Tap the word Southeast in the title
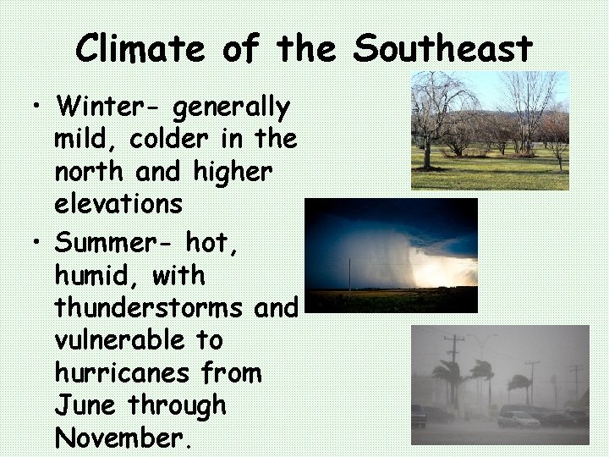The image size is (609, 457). (x=442, y=49)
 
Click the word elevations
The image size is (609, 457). (x=118, y=203)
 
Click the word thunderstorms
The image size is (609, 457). (x=149, y=307)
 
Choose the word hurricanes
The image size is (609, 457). (x=124, y=372)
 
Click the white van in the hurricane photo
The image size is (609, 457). (x=518, y=419)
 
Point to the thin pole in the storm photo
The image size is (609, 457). (x=349, y=275)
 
